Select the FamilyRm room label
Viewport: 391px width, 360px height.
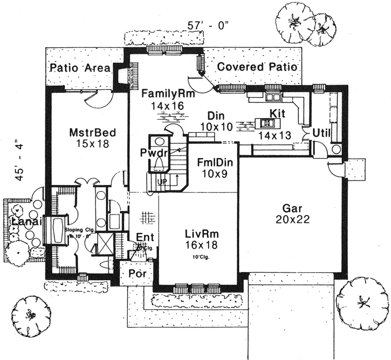(164, 93)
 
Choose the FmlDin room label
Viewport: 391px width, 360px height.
(203, 162)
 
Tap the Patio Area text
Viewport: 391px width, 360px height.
(80, 68)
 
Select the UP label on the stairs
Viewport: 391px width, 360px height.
(161, 182)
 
